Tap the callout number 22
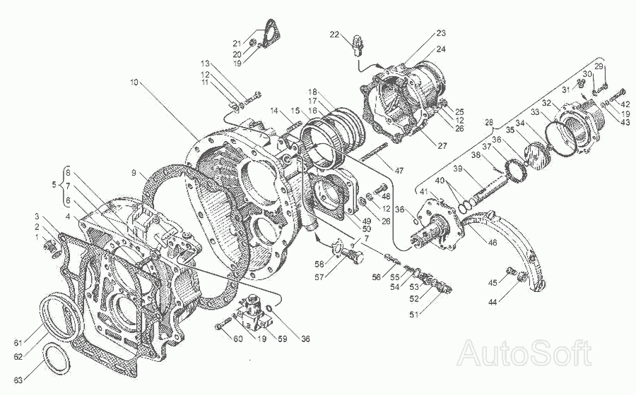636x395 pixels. coord(334,34)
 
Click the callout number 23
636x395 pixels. coord(440,33)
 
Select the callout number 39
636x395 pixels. coord(457,170)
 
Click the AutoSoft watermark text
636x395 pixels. coord(525,353)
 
